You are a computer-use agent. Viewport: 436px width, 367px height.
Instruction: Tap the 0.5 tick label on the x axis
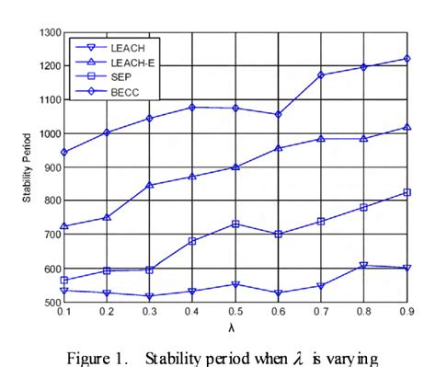(x=235, y=311)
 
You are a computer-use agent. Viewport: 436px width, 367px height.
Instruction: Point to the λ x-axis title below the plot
(x=236, y=326)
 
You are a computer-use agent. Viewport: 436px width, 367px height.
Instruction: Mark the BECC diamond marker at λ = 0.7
(x=321, y=75)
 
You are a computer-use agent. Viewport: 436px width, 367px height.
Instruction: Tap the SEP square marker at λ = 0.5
(x=235, y=224)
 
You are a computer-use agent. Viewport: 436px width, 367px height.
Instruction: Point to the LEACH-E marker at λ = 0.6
(x=278, y=148)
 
